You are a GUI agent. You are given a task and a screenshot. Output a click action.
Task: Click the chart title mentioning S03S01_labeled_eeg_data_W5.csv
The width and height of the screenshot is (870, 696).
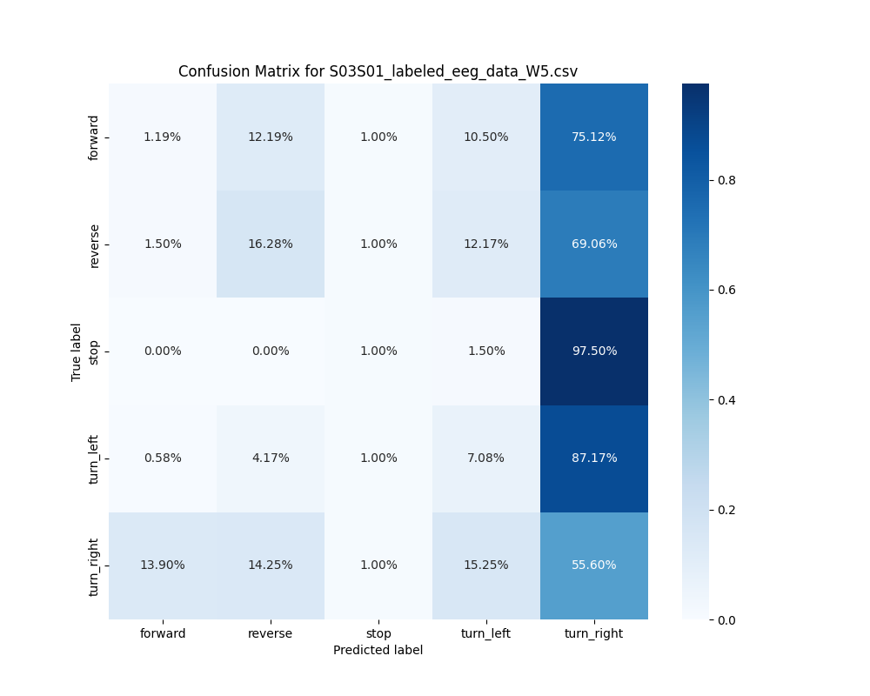378,71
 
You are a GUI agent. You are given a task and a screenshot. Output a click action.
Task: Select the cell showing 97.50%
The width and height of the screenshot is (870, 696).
594,351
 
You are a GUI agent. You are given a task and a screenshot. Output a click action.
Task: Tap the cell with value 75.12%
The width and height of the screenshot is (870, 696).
594,137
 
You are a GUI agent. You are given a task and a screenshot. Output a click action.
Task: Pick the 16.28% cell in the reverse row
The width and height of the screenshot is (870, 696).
271,244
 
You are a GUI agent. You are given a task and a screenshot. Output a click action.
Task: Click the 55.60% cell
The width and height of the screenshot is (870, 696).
594,565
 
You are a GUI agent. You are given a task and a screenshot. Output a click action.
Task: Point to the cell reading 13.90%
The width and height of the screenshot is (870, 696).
163,565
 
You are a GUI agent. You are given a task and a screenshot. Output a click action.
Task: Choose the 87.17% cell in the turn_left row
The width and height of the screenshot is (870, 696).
594,458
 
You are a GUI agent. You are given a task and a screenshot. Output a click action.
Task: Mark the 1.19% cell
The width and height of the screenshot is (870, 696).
163,137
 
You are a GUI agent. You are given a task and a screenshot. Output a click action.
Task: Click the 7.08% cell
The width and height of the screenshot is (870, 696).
486,458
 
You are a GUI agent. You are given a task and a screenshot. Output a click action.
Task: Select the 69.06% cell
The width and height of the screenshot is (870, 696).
594,244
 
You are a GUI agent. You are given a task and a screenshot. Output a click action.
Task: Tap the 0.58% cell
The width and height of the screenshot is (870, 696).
163,458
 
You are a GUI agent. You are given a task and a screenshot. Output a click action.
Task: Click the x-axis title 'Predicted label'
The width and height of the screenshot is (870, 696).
378,651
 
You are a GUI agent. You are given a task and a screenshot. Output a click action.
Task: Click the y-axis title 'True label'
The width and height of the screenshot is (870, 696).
77,351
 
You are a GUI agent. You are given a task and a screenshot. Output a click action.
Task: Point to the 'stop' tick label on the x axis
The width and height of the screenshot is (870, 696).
378,634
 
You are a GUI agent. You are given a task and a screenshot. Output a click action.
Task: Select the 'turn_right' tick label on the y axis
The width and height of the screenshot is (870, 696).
95,566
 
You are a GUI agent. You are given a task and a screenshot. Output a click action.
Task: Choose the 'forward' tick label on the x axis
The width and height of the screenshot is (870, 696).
163,634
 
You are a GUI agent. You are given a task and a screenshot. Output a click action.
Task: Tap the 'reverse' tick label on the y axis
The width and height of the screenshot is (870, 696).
95,244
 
